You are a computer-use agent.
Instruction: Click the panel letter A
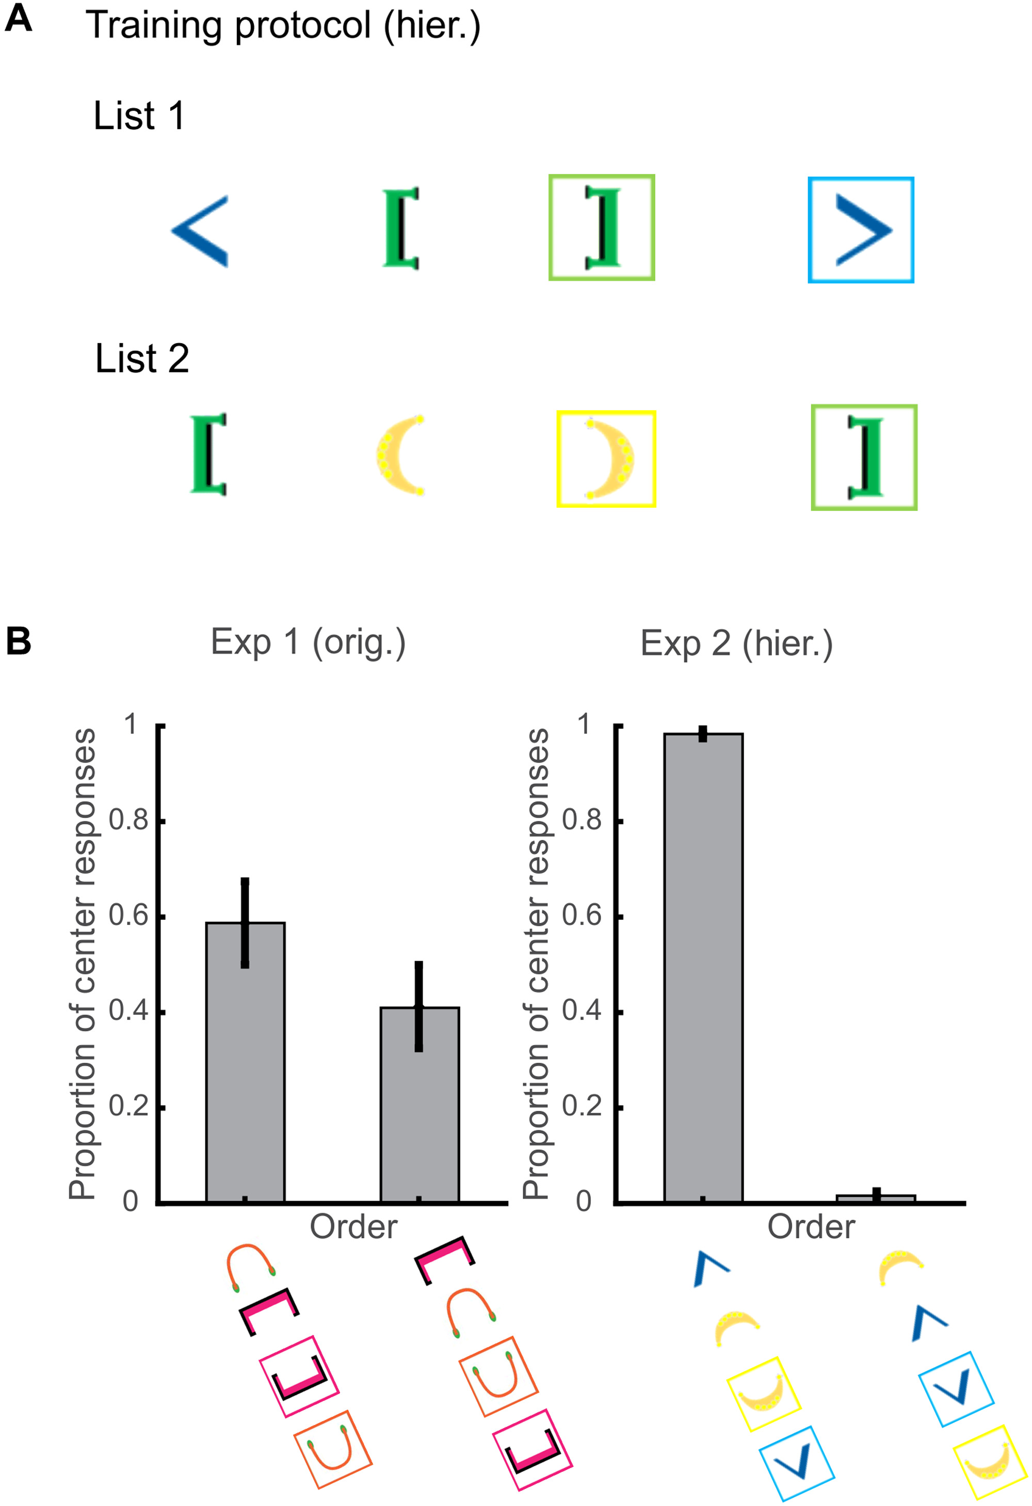[x=18, y=18]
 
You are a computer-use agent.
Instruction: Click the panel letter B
[x=18, y=641]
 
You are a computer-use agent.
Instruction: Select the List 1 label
[x=139, y=116]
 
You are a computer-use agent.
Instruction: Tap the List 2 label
[x=141, y=359]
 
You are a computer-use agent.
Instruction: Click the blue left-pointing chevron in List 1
[x=200, y=231]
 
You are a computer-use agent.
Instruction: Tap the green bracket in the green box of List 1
[x=603, y=227]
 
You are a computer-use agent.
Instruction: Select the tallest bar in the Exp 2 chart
[x=703, y=968]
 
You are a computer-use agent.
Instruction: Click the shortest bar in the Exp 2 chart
[x=876, y=1199]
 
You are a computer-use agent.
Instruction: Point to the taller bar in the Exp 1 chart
[x=245, y=1063]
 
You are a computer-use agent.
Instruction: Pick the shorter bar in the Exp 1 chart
[x=420, y=1105]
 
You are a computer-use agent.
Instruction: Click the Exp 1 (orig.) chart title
[x=308, y=642]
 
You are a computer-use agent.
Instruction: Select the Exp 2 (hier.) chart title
[x=736, y=643]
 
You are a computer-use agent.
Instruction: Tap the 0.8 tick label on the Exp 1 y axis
[x=128, y=820]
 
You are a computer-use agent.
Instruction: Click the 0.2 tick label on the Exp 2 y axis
[x=582, y=1107]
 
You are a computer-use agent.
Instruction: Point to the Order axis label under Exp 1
[x=353, y=1227]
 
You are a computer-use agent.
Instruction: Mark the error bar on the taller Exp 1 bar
[x=245, y=923]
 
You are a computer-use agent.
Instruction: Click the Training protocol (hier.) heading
[x=283, y=26]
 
